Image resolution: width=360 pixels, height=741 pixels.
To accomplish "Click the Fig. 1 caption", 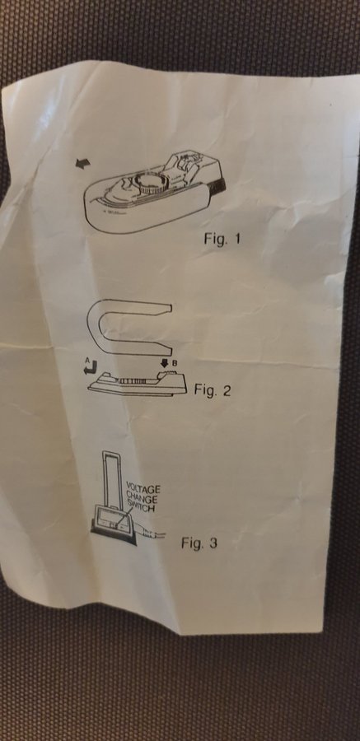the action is coord(222,238).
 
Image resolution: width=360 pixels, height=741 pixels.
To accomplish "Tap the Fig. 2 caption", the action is coord(213,390).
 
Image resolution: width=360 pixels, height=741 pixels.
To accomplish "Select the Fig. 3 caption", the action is coord(199,543).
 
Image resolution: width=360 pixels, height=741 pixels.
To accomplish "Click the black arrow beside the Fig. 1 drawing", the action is coord(82,164).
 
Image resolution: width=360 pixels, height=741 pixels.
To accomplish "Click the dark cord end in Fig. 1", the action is coord(218,187).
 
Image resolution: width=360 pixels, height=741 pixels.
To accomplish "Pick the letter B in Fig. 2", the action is coord(174,364).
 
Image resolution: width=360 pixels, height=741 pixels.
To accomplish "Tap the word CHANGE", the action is coord(142,499).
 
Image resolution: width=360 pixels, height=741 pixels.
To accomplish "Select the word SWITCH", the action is coord(141,509).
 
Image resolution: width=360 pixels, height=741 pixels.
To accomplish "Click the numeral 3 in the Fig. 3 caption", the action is coord(213,543).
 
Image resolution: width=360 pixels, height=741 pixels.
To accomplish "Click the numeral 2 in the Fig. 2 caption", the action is coord(226,390).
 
